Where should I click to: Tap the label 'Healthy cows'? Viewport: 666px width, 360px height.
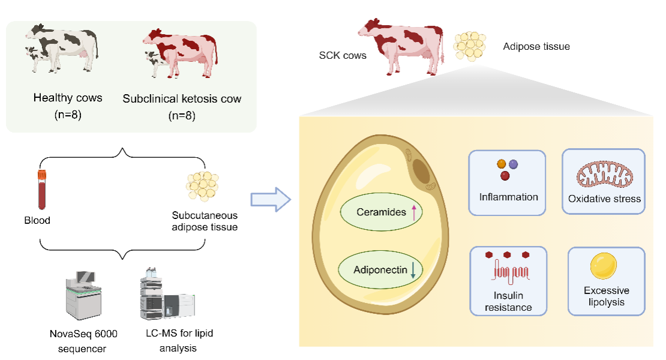[x=68, y=98]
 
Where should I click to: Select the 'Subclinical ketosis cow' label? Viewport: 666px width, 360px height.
[x=182, y=98]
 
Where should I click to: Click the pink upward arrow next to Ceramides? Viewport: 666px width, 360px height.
[x=414, y=212]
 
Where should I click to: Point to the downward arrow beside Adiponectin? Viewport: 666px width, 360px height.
[x=413, y=271]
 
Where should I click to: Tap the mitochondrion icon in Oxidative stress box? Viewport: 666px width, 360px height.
[x=602, y=173]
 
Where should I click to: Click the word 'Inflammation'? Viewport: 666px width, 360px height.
[x=508, y=197]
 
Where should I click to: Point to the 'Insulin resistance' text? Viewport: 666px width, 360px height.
[x=509, y=301]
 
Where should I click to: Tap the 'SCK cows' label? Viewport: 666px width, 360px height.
[x=343, y=55]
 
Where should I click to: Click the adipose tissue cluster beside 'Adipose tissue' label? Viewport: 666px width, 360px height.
[x=470, y=44]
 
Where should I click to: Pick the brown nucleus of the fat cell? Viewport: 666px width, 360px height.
[x=425, y=170]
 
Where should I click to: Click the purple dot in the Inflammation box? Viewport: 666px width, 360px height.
[x=514, y=164]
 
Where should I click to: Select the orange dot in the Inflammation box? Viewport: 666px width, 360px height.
[x=502, y=163]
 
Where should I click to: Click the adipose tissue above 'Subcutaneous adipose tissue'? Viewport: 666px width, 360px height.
[x=203, y=187]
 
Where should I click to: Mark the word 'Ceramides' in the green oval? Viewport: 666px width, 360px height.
[x=381, y=212]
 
